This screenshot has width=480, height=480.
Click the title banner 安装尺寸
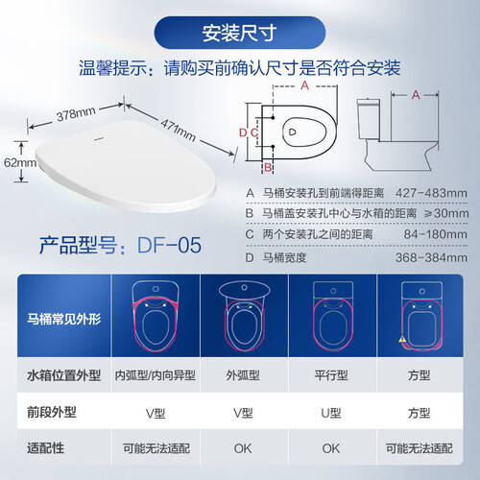tap(240, 33)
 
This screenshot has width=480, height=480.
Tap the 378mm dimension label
tap(76, 114)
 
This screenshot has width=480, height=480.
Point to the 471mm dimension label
tap(179, 131)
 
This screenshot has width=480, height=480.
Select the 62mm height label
tap(20, 162)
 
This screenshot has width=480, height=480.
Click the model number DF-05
tap(169, 246)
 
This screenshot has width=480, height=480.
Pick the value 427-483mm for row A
tap(431, 193)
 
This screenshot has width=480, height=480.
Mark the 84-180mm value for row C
tap(435, 234)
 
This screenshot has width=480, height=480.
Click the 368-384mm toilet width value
tap(431, 257)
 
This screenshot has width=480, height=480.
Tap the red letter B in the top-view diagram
tap(268, 167)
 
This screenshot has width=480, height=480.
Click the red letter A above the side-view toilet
tap(416, 95)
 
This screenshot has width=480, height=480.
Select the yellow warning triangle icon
tap(403, 339)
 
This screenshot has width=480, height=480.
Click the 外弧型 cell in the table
tap(243, 375)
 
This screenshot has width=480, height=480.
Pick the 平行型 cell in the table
tap(331, 375)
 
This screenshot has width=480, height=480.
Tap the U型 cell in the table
tap(331, 413)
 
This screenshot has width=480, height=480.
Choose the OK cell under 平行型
tap(331, 448)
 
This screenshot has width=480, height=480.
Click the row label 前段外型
tap(52, 412)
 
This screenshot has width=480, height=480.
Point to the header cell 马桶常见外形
tap(63, 319)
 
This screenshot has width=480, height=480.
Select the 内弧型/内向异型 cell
tap(156, 375)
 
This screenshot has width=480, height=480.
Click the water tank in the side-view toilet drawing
tap(369, 118)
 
